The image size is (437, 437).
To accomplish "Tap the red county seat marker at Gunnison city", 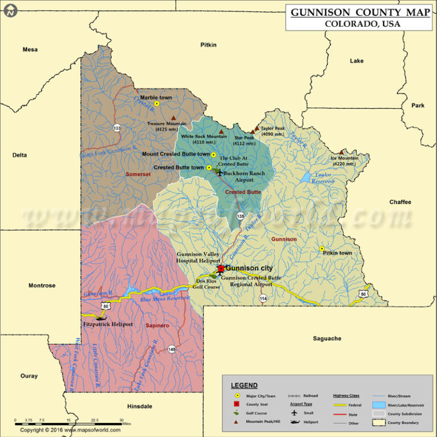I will click(221, 269).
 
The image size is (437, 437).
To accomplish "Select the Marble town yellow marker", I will click(156, 104).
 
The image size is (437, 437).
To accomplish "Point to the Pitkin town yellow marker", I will click(322, 249).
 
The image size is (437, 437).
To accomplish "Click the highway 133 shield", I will click(117, 128).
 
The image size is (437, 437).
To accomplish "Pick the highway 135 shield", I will click(241, 216).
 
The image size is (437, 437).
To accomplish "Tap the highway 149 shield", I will click(171, 349).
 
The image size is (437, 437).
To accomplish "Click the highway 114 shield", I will click(263, 298).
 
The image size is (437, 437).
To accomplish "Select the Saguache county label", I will click(327, 339).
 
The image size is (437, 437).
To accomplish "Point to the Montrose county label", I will click(42, 286).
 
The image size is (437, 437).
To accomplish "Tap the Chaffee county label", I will click(400, 202).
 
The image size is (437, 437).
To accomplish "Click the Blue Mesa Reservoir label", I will click(165, 299).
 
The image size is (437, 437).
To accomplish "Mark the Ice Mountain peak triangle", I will click(341, 152).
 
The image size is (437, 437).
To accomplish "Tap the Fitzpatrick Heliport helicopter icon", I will click(103, 317).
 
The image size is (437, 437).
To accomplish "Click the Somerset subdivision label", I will click(138, 174).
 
